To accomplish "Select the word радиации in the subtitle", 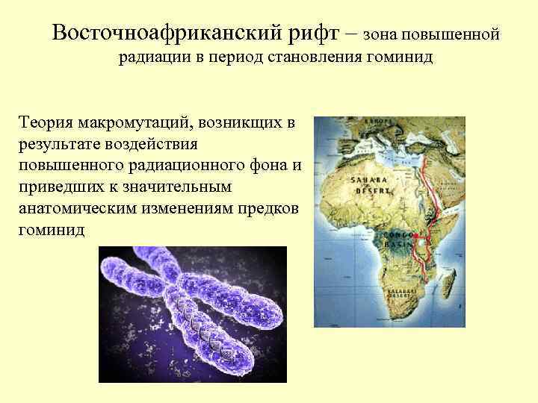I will coord(151,57).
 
